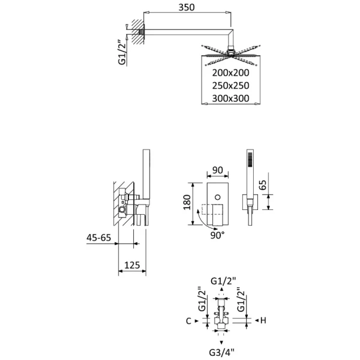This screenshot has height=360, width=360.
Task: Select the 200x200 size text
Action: [230, 72]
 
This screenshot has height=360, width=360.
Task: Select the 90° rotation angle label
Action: [217, 235]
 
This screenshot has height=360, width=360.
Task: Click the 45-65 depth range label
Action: [98, 238]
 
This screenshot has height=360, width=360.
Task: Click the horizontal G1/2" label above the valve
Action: [223, 280]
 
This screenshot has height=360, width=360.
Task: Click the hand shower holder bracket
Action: [249, 204]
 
